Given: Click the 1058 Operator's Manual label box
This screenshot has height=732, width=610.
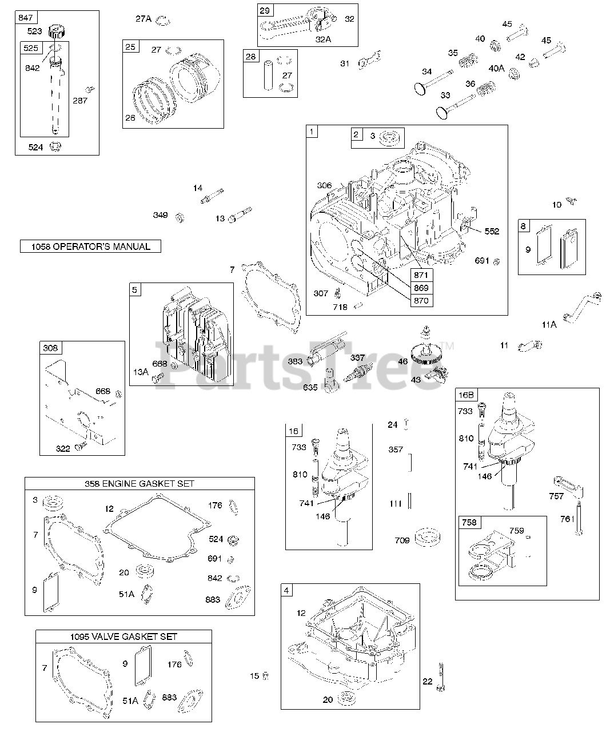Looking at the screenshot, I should pyautogui.click(x=90, y=246).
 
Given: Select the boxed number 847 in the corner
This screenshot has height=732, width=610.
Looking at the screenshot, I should pyautogui.click(x=26, y=18).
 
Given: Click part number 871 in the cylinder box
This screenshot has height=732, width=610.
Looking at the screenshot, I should pyautogui.click(x=421, y=275).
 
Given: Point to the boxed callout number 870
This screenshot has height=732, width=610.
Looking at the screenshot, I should pyautogui.click(x=421, y=300).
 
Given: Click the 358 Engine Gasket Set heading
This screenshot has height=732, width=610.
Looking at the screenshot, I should pyautogui.click(x=139, y=483).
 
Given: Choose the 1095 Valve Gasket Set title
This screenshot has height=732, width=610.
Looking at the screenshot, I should pyautogui.click(x=123, y=636).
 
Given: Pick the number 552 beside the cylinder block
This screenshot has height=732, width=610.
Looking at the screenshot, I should pyautogui.click(x=492, y=232).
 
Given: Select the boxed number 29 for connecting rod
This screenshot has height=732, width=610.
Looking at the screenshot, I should pyautogui.click(x=266, y=11).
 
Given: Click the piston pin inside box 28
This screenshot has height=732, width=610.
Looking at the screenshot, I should pyautogui.click(x=266, y=73).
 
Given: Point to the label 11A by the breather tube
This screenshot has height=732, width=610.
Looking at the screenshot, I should pyautogui.click(x=549, y=324).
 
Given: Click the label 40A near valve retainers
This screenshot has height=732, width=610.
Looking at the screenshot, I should pyautogui.click(x=496, y=69).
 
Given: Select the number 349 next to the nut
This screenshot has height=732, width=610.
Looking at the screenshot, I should pyautogui.click(x=160, y=215).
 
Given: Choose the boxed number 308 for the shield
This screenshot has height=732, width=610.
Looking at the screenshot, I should pyautogui.click(x=50, y=348).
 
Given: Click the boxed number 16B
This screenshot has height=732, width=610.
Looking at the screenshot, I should pyautogui.click(x=466, y=395).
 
